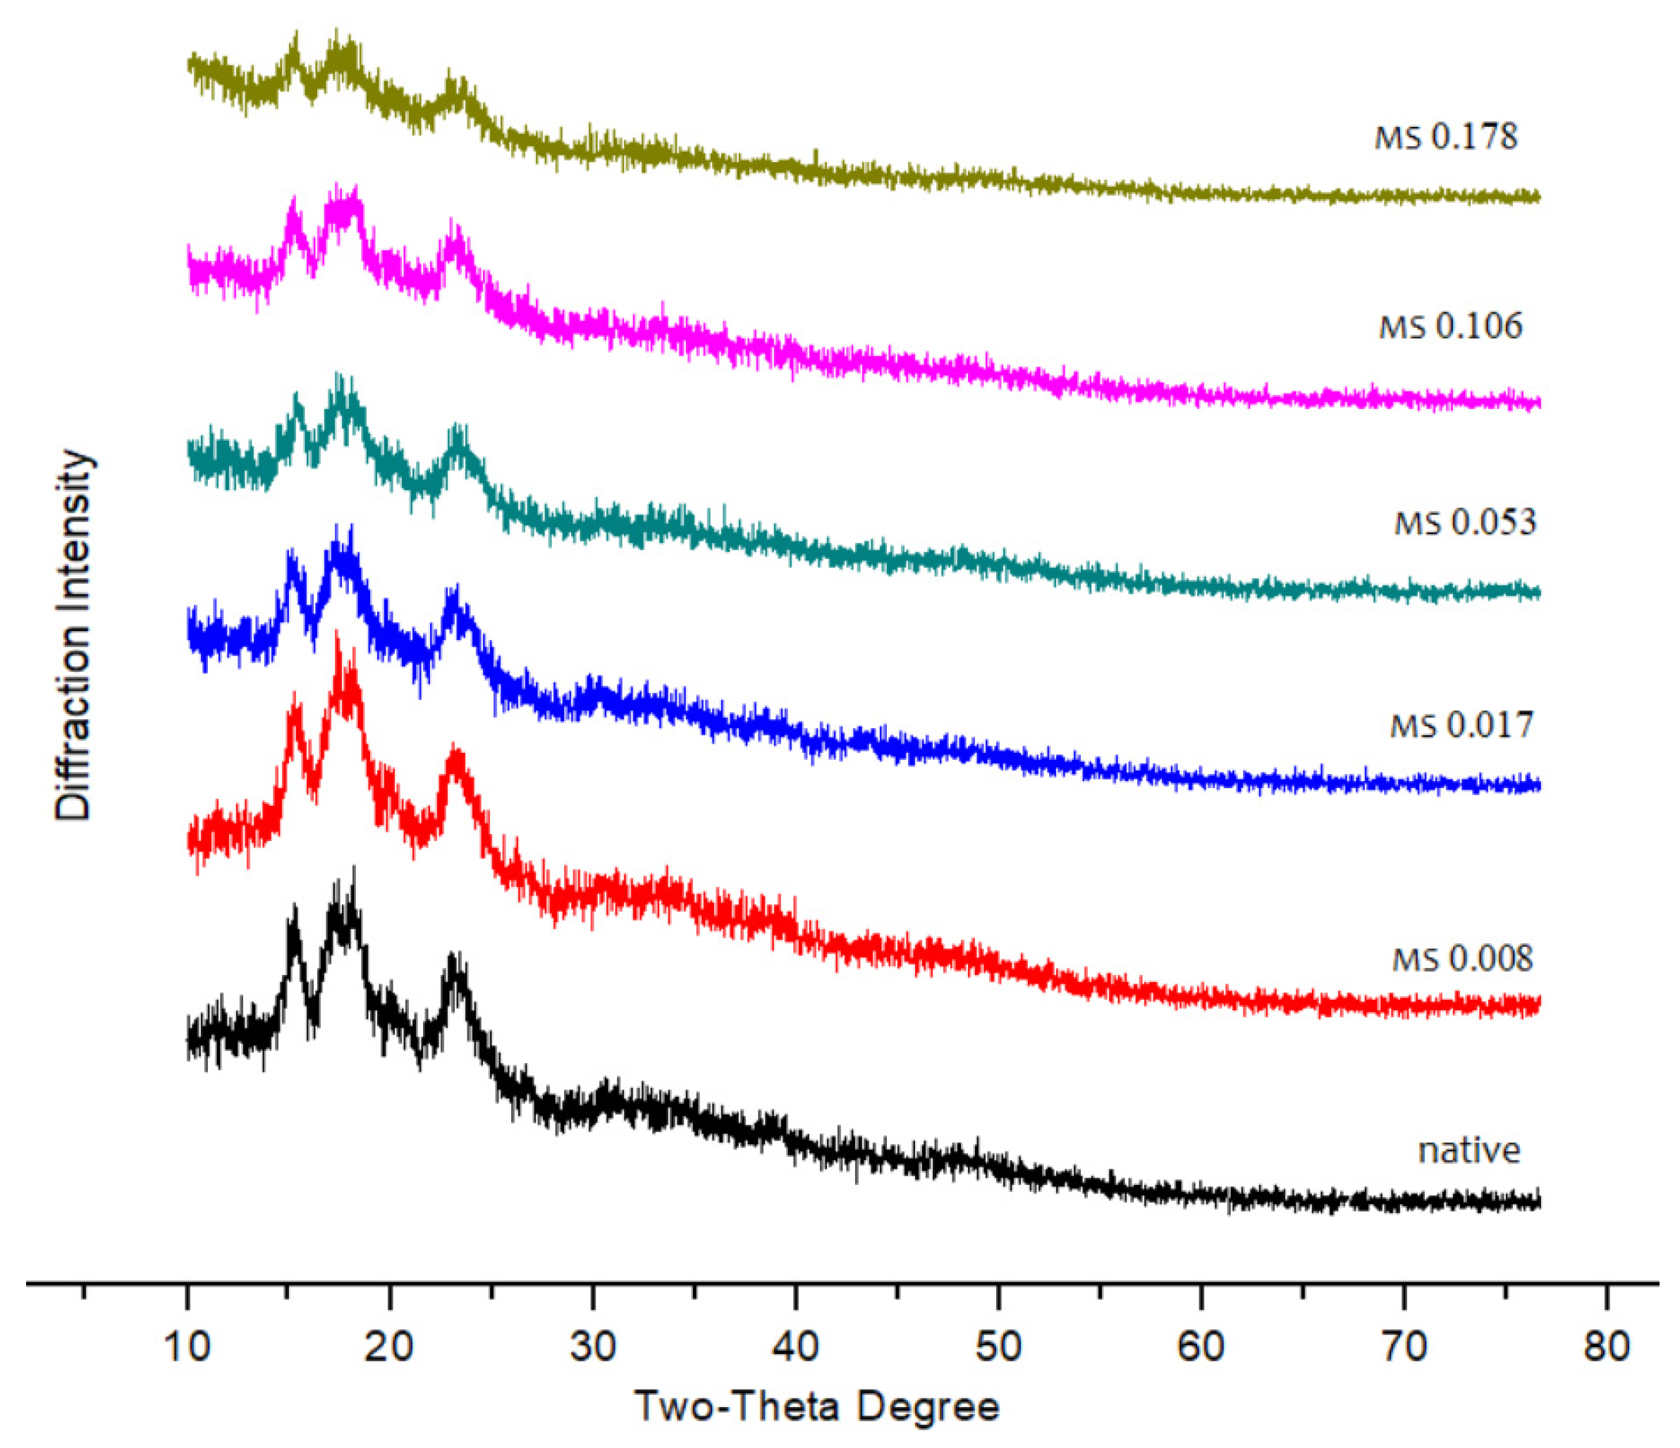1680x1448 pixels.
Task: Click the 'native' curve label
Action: pyautogui.click(x=1469, y=1151)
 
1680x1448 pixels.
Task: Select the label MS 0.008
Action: pyautogui.click(x=1462, y=959)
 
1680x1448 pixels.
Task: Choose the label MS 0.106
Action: pyautogui.click(x=1451, y=326)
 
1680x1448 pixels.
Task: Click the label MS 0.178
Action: pyautogui.click(x=1446, y=136)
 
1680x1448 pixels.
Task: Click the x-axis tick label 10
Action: pyautogui.click(x=188, y=1346)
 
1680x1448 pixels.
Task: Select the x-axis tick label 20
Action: pyautogui.click(x=390, y=1346)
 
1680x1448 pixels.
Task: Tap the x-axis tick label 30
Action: pyautogui.click(x=593, y=1346)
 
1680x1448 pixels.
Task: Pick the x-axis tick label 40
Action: pyautogui.click(x=795, y=1346)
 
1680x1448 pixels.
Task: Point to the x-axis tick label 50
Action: pyautogui.click(x=998, y=1346)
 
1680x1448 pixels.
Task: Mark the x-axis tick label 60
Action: pyautogui.click(x=1201, y=1346)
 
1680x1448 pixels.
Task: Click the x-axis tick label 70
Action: pyautogui.click(x=1404, y=1346)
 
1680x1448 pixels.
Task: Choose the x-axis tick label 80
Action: pyautogui.click(x=1606, y=1346)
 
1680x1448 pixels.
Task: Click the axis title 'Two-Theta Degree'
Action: pyautogui.click(x=816, y=1406)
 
